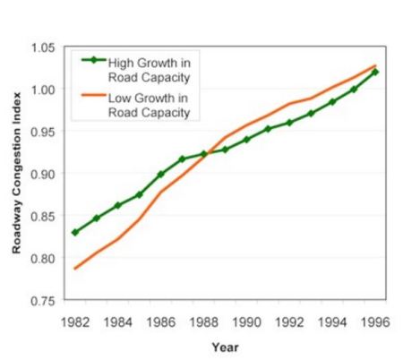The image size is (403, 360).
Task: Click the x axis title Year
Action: click(225, 346)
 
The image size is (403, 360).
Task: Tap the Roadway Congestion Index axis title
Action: click(16, 174)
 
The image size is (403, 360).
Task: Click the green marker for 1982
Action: click(74, 232)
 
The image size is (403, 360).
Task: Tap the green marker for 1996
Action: click(375, 72)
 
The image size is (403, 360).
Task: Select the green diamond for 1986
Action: click(160, 175)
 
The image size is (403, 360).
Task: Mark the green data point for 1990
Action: click(246, 140)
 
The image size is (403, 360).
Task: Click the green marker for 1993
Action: click(311, 114)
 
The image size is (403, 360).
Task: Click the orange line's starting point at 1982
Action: click(74, 269)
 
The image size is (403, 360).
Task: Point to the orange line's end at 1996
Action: click(375, 65)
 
